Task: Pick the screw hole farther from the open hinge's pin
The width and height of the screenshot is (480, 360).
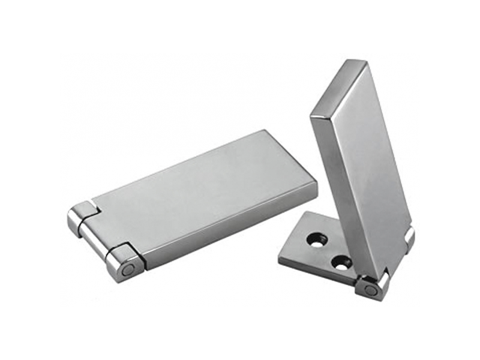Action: click(316, 239)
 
